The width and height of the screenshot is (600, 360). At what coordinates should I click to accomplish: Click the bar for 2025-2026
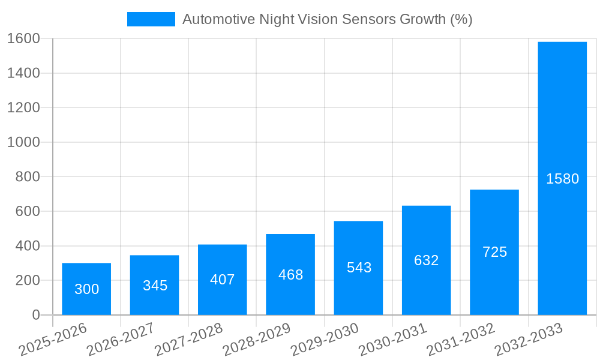coord(86,289)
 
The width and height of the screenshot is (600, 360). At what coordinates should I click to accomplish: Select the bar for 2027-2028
coord(222,280)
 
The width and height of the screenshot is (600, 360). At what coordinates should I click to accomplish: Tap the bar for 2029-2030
coord(358,268)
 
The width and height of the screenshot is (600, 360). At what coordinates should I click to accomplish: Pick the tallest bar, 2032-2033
coord(562,178)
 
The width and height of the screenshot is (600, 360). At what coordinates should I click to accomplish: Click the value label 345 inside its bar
coord(155,286)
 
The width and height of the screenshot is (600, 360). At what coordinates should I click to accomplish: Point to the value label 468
coord(290,275)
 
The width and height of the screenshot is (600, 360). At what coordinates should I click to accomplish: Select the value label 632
coord(427,260)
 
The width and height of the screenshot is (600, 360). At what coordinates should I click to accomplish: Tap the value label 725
coord(494,252)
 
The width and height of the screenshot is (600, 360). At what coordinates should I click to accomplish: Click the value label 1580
coord(562,179)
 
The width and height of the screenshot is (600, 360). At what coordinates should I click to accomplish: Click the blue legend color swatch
coord(151,19)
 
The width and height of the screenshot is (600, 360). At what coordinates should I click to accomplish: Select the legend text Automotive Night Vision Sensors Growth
coord(327,19)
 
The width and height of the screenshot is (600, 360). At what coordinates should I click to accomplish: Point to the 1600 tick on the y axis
coord(23,38)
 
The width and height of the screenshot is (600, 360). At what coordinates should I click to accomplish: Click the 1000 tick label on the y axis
coord(23,142)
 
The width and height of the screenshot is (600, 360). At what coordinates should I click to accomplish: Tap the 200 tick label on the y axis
coord(28,280)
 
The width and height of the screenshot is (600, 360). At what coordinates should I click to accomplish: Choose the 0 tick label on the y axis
coord(36,315)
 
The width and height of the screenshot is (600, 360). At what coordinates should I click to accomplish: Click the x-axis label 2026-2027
coord(121,339)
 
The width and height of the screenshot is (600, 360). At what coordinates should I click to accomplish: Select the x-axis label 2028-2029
coord(257,339)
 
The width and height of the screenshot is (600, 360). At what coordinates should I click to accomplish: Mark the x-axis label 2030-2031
coord(393,339)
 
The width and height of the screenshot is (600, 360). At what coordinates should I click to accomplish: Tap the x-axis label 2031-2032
coord(461,339)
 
